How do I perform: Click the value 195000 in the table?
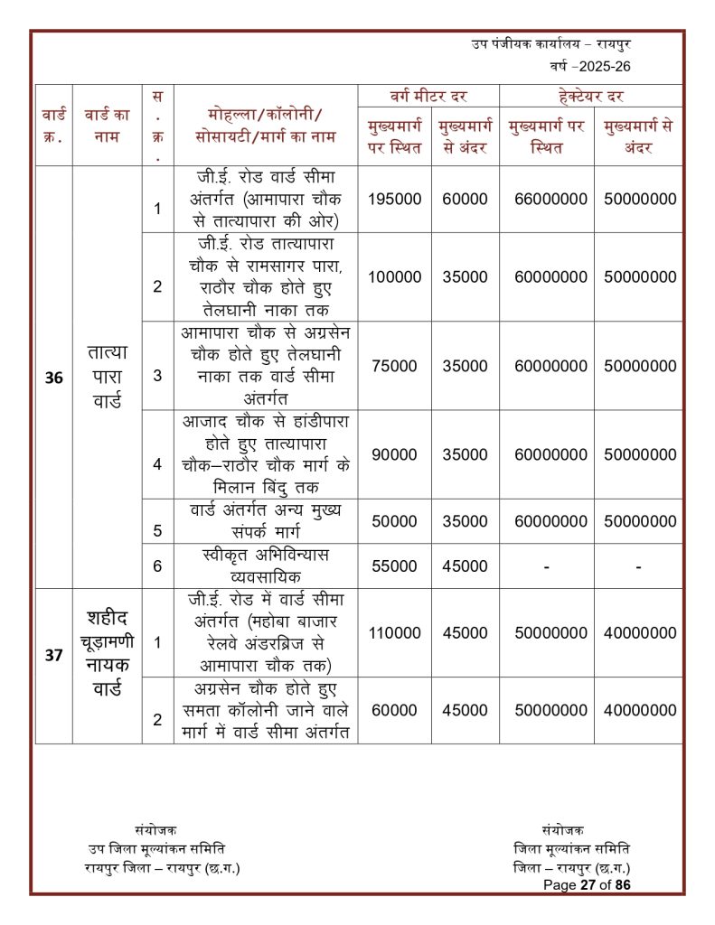tap(395, 199)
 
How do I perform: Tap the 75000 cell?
tap(395, 366)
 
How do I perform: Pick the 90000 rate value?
tap(395, 455)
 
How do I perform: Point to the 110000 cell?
tap(395, 633)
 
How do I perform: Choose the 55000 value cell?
tap(395, 566)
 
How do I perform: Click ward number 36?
tap(53, 378)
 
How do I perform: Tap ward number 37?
tap(53, 656)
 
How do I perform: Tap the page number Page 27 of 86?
tap(587, 885)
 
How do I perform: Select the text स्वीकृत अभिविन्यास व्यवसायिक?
tap(265, 565)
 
